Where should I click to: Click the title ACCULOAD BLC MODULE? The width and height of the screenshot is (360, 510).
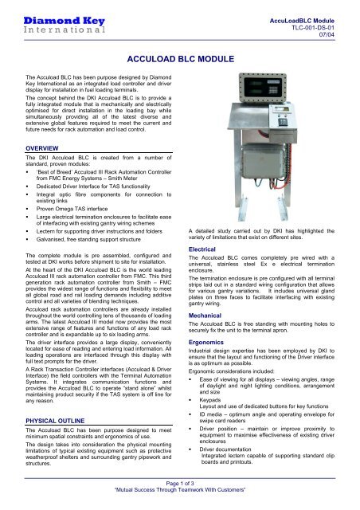coord(180,58)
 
